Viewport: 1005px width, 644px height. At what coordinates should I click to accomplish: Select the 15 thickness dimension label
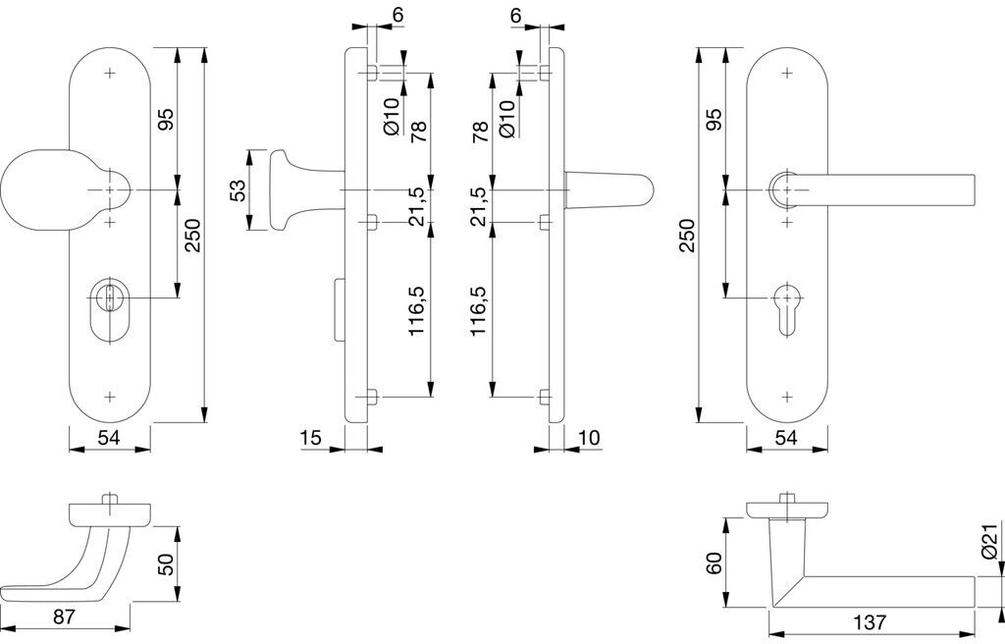(x=310, y=438)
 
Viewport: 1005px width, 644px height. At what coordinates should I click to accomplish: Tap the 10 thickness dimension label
(x=590, y=438)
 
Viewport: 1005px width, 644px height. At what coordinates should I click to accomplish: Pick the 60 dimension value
(x=714, y=563)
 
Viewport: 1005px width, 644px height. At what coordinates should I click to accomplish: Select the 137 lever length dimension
(x=869, y=622)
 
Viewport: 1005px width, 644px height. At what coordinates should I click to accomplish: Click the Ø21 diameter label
(x=989, y=542)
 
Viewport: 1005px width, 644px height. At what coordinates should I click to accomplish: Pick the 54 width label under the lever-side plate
(x=785, y=438)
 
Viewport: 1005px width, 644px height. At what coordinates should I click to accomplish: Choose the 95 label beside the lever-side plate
(x=714, y=120)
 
